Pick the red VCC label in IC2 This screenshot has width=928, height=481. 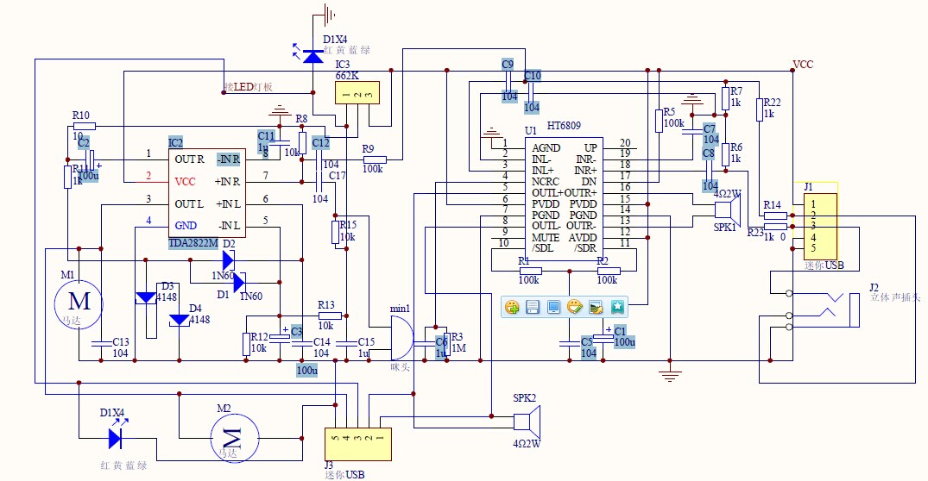[x=186, y=182]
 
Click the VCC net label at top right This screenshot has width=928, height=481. [x=803, y=65]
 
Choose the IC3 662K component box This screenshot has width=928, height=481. [x=357, y=94]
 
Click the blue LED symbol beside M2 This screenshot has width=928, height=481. [x=116, y=437]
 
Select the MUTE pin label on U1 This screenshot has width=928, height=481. [x=546, y=237]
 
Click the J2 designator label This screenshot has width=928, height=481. [x=874, y=287]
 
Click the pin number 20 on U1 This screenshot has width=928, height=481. [x=625, y=143]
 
